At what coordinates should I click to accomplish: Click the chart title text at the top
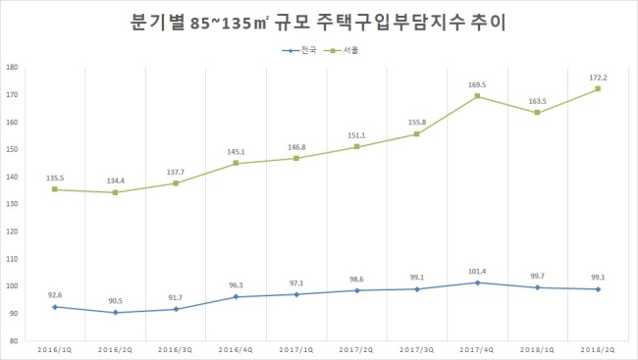coord(318,23)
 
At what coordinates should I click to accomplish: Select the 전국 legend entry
coord(299,50)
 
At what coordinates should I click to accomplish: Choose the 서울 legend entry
coord(341,50)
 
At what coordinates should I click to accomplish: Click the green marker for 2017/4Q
coord(477,96)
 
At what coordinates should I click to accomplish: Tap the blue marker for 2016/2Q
coord(116,312)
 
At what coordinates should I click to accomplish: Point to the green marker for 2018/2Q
coord(598,88)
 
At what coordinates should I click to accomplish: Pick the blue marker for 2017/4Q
coord(477,283)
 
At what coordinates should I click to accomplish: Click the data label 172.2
coord(598,77)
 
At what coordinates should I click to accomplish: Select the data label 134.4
coord(116,181)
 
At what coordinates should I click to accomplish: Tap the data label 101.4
coord(477,272)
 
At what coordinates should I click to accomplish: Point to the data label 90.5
coord(116,301)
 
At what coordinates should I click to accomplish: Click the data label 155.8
coord(417,123)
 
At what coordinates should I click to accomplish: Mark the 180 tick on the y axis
coord(12,67)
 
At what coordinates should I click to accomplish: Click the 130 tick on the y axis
coord(12,204)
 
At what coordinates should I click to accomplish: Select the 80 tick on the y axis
coord(14,341)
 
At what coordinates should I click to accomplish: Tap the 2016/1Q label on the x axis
coord(55,350)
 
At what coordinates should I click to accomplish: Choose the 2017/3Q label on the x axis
coord(417,350)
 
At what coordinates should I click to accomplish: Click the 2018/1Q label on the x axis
coord(538,350)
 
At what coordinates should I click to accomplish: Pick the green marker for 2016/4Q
coord(236,163)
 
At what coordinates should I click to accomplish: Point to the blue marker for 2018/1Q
coord(538,287)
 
